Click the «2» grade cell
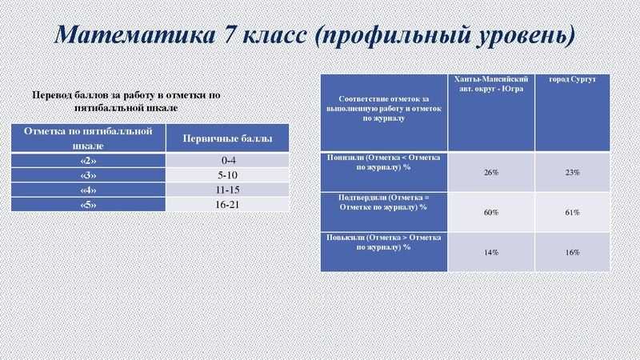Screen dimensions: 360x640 (88, 161)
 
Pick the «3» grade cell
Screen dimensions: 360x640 (88, 175)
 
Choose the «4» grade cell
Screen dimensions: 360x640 (88, 190)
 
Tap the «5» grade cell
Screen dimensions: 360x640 (88, 205)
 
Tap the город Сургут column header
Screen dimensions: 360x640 (571, 81)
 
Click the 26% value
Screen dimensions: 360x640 (491, 173)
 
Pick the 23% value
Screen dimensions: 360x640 (571, 173)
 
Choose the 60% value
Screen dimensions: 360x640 (491, 213)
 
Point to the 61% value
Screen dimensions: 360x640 (571, 213)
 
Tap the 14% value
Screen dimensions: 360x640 (491, 253)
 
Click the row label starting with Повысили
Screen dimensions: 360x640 (381, 242)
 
